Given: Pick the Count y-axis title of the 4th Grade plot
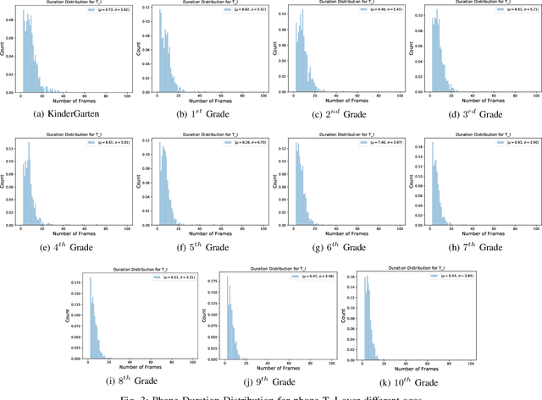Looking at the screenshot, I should pos(4,184).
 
